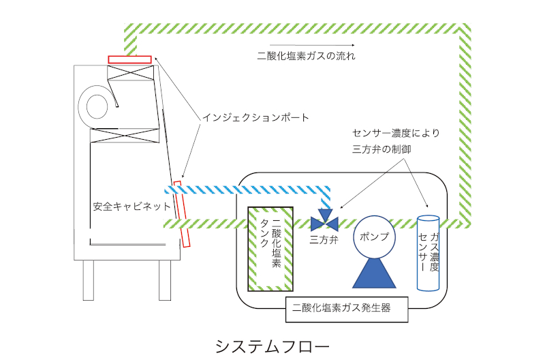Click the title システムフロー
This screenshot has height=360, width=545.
click(272, 346)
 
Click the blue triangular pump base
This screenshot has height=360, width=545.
click(374, 273)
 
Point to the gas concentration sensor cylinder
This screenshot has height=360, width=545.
click(429, 253)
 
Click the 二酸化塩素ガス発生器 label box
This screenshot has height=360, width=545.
click(347, 308)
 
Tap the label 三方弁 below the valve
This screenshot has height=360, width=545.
click(324, 240)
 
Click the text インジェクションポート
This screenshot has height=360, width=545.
click(255, 117)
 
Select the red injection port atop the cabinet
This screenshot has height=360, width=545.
click(129, 59)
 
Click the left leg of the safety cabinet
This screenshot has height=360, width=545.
click(88, 280)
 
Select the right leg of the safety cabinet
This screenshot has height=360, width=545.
click(163, 280)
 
